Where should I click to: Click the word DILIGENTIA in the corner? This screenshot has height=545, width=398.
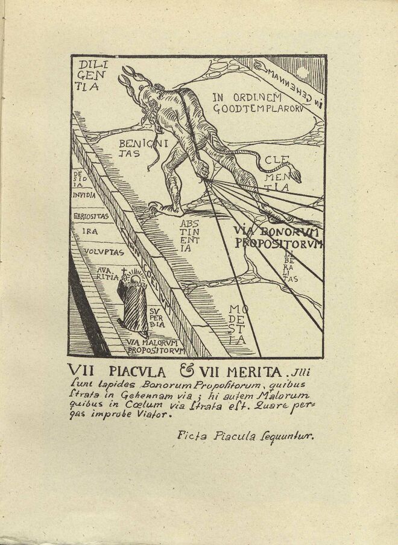[88, 75]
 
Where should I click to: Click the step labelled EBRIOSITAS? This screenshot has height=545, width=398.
[90, 216]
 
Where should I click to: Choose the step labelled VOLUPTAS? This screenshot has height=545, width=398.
[104, 253]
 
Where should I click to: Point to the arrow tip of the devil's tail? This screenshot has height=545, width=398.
[296, 178]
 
